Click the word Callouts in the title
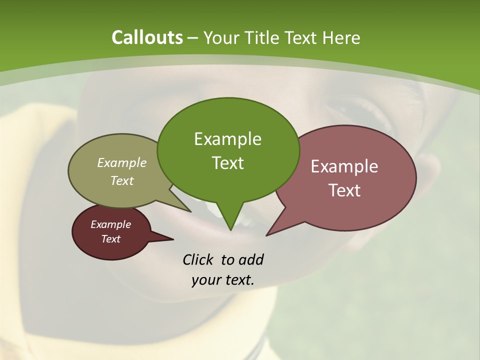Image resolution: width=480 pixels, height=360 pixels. tap(147, 37)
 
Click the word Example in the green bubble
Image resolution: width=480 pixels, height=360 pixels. tap(227, 139)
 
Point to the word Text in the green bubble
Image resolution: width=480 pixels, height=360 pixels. tap(227, 162)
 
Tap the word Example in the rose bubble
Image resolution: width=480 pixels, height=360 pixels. tap(344, 166)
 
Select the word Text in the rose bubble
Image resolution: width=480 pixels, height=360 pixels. tap(344, 190)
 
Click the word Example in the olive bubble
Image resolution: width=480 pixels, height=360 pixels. tap(122, 162)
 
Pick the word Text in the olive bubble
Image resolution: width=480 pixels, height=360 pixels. tap(122, 180)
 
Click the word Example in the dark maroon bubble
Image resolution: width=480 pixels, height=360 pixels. tap(110, 224)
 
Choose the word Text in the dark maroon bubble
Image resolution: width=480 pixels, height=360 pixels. tap(110, 239)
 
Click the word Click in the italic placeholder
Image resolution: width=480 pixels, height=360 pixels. tap(198, 259)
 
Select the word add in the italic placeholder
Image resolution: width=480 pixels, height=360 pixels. tap(251, 259)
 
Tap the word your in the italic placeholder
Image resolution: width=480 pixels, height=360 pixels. tap(205, 280)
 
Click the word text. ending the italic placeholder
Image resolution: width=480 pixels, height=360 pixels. tap(237, 280)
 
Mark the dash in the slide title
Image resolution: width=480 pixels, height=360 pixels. tap(193, 38)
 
